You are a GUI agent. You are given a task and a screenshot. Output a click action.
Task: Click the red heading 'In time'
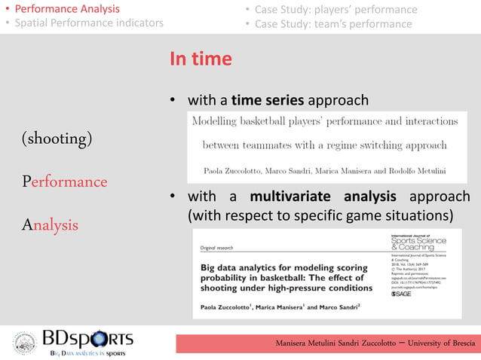[x=201, y=59]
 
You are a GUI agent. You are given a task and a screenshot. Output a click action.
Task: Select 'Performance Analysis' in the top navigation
[x=67, y=9]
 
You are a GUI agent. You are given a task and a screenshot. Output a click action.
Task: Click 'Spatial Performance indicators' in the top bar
[x=90, y=23]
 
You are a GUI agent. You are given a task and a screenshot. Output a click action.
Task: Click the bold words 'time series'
[x=267, y=100]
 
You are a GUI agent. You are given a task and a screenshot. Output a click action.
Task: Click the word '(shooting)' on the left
[x=57, y=139]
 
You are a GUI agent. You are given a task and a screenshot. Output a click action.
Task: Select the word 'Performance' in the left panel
[x=65, y=182]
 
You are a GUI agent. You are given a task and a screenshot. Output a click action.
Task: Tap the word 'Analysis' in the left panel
[x=51, y=224]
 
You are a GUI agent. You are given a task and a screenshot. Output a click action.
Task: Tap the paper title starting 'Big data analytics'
[x=285, y=277]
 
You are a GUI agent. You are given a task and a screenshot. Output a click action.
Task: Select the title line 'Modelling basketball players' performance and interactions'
[x=325, y=121]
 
